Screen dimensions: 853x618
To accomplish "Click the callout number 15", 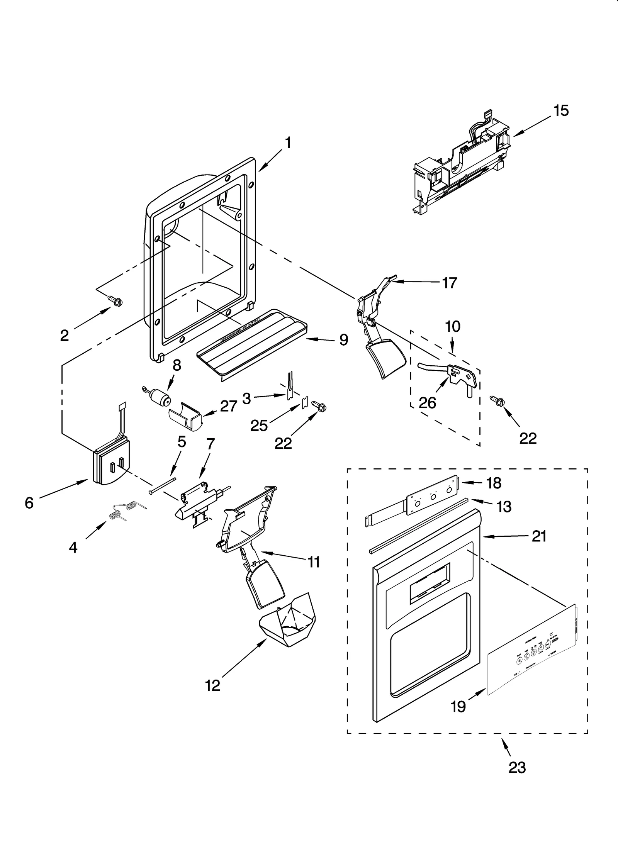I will (x=561, y=111).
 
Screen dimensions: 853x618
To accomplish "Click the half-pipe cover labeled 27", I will (x=185, y=416).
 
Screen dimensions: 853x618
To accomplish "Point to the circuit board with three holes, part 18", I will (x=430, y=494).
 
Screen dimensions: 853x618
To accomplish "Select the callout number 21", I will (x=539, y=536).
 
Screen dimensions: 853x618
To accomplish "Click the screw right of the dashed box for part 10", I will (x=498, y=402).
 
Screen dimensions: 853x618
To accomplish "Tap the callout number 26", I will (x=427, y=403).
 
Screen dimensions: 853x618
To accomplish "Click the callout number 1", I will (x=288, y=143).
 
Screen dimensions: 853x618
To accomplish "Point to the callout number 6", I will (x=29, y=503).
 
